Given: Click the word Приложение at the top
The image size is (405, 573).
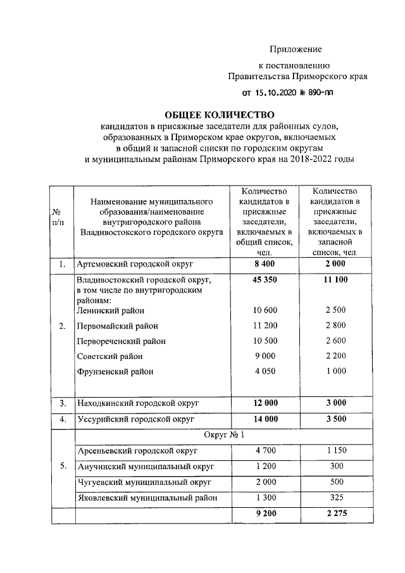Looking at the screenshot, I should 296,49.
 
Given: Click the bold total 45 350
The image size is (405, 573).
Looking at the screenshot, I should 265,279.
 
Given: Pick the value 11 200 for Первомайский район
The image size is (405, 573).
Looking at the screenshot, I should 265,325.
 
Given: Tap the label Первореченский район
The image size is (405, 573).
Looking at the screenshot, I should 121,341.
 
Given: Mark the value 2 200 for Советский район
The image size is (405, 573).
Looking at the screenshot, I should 335,356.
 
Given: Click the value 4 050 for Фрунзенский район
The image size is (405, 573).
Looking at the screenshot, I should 265,372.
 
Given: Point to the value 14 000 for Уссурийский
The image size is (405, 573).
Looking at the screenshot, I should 265,419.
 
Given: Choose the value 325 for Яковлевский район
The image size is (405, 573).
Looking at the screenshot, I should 335,498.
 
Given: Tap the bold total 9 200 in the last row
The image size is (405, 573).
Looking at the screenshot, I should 265,514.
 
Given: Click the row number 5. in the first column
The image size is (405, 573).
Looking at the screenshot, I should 62,467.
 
